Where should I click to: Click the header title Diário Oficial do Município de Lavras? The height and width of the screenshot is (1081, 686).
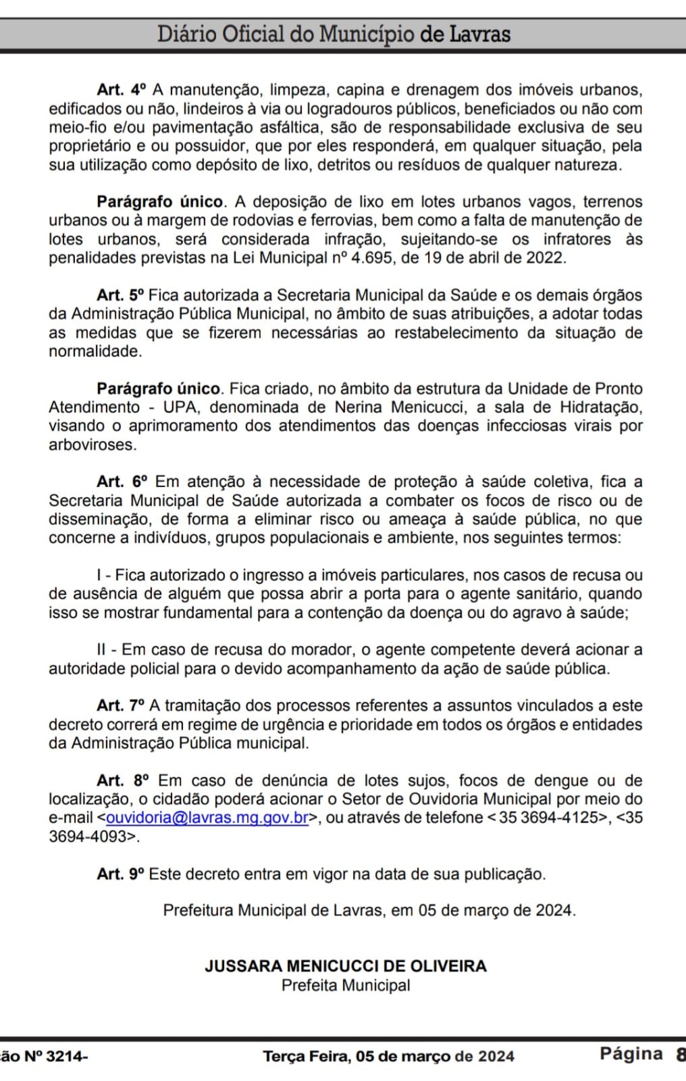click(x=334, y=34)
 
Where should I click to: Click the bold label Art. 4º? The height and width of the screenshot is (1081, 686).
click(x=122, y=90)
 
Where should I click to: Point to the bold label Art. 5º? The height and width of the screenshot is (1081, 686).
click(x=121, y=295)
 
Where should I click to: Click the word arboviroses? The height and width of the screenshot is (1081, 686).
click(x=92, y=445)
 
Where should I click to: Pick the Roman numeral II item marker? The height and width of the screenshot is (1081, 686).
click(x=101, y=650)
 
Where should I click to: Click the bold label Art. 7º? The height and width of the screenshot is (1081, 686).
click(x=121, y=706)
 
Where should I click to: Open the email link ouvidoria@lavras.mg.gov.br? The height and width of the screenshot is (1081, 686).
click(x=207, y=818)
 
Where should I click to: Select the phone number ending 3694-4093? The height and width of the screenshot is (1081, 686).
click(x=88, y=836)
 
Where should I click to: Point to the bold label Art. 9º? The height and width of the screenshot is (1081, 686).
click(x=121, y=874)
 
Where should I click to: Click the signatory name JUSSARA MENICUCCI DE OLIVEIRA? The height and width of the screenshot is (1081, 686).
click(x=346, y=966)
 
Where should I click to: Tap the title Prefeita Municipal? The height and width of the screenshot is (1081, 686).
click(x=346, y=986)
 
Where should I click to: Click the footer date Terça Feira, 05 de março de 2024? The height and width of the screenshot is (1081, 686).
click(x=388, y=1057)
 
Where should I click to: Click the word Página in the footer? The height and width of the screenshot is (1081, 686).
click(x=631, y=1054)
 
